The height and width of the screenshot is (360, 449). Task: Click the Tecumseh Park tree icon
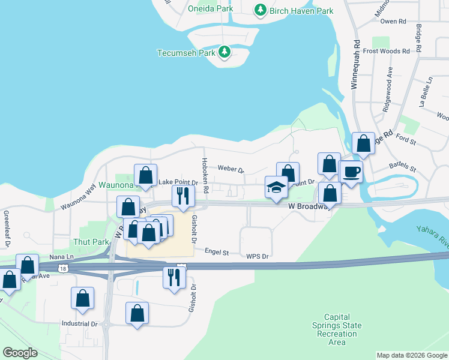[224, 52]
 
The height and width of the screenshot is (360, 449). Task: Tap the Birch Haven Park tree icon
[260, 10]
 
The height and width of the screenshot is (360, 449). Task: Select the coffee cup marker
[352, 172]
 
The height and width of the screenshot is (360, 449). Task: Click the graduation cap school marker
[276, 187]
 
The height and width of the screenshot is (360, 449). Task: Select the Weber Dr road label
[231, 169]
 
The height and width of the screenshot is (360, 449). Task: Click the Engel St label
[217, 253]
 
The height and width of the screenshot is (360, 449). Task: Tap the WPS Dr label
[257, 256]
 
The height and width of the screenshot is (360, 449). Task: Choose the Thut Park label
[91, 242]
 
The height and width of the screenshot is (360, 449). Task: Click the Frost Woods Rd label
[386, 51]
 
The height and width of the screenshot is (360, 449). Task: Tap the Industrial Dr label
[79, 323]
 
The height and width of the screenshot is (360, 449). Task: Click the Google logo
[20, 353]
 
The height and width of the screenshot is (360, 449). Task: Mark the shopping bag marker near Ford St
[363, 143]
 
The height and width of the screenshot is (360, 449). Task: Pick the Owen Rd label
[394, 21]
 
